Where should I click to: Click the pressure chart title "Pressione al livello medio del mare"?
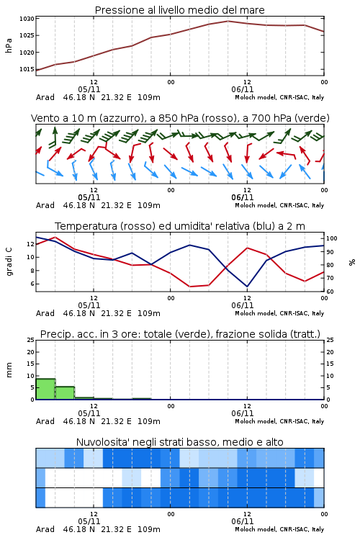pyautogui.click(x=180, y=10)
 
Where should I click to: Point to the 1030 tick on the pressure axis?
pyautogui.click(x=27, y=19)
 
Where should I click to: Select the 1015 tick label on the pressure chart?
pyautogui.click(x=27, y=69)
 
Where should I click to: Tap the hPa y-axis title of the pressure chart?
pyautogui.click(x=9, y=45)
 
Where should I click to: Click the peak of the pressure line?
pyautogui.click(x=228, y=21)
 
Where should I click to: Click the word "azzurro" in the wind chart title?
pyautogui.click(x=121, y=118)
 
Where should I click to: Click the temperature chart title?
pyautogui.click(x=180, y=226)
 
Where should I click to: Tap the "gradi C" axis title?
pyautogui.click(x=9, y=262)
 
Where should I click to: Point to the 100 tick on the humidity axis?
pyautogui.click(x=332, y=238)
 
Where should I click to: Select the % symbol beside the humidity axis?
pyautogui.click(x=352, y=262)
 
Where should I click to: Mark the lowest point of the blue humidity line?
pyautogui.click(x=247, y=287)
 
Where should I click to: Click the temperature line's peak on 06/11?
pyautogui.click(x=247, y=248)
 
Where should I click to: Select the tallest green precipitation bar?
pyautogui.click(x=45, y=389)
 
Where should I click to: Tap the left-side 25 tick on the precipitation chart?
pyautogui.click(x=31, y=340)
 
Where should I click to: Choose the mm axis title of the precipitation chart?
pyautogui.click(x=9, y=370)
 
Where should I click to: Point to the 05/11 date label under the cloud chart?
pyautogui.click(x=89, y=521)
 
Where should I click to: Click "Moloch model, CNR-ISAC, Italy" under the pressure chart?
pyautogui.click(x=279, y=97)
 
